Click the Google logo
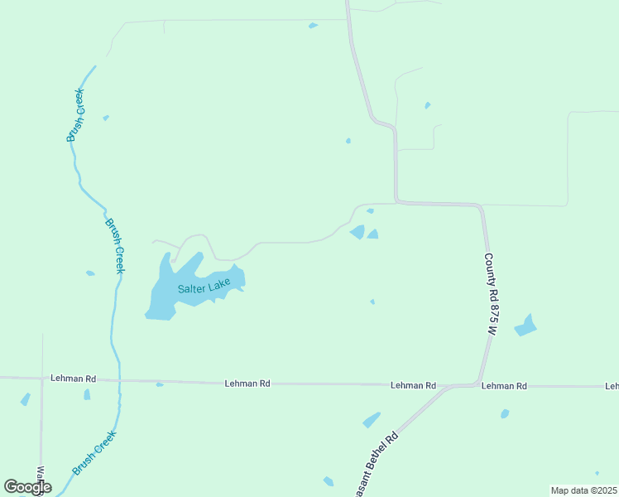point(27,486)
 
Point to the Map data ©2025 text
point(584,490)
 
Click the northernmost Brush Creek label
point(75,114)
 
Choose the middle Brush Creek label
point(114,245)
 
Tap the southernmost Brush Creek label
point(94,452)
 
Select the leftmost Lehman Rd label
point(73,379)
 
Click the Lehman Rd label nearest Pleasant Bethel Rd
point(413,386)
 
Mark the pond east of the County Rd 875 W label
point(525,326)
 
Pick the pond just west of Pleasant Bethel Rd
point(372,420)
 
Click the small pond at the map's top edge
point(313,26)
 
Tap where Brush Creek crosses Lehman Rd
point(120,380)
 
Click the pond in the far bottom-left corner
point(26,399)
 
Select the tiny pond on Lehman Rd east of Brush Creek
point(160,384)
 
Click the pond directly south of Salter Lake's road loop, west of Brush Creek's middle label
point(90,273)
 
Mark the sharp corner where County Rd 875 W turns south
point(481,207)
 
